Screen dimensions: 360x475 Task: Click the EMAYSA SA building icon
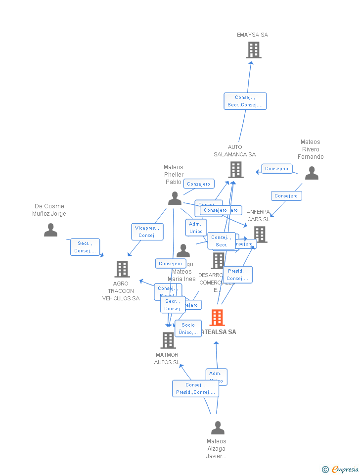tap(253, 50)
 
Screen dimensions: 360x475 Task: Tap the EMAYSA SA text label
tap(252, 35)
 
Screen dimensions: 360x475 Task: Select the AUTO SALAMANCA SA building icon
tap(236, 170)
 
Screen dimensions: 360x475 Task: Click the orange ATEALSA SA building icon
tap(217, 318)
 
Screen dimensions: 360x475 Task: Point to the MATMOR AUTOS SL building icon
tap(168, 340)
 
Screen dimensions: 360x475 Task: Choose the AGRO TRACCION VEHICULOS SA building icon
tap(122, 269)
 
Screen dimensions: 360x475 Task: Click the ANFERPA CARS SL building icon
tap(260, 234)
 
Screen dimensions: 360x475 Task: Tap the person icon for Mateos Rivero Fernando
tap(312, 173)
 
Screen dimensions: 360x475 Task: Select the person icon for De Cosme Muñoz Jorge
tap(50, 230)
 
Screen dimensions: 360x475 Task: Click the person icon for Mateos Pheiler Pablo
tap(175, 198)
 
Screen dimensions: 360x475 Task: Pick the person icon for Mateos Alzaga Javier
tap(218, 428)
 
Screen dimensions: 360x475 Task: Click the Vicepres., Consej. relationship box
tap(147, 232)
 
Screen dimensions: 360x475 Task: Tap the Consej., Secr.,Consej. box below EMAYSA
tap(245, 101)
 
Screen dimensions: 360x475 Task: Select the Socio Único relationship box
tap(188, 329)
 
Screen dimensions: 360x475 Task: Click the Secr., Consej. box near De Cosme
tap(85, 247)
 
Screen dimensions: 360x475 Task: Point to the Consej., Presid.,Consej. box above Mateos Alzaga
tap(195, 388)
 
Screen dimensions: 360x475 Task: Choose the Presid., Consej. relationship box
tap(237, 275)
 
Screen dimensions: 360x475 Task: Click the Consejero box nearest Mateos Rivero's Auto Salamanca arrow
tap(276, 169)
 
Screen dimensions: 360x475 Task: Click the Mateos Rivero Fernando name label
tap(311, 149)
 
